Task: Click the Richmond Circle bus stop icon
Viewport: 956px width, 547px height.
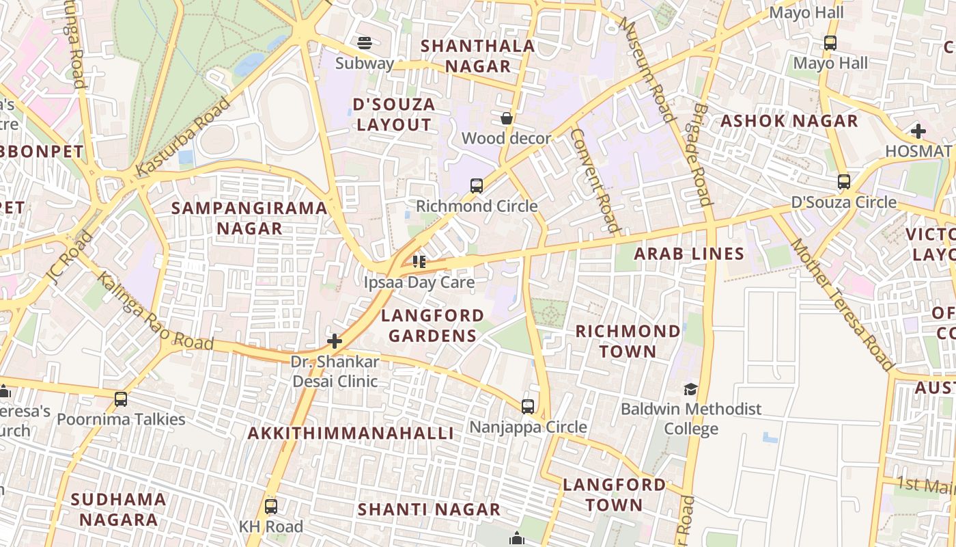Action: [477, 185]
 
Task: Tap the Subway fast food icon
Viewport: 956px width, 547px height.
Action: [365, 43]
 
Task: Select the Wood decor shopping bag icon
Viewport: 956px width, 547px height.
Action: [507, 118]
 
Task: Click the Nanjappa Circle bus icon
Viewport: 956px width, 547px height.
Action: [528, 407]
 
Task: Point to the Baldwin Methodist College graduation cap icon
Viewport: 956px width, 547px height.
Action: [691, 389]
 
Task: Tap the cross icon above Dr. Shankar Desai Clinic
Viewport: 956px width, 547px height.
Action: [335, 341]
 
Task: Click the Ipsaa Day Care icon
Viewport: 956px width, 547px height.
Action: [419, 261]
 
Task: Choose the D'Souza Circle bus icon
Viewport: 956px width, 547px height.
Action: [844, 182]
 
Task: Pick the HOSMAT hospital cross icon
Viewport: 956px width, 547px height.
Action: [918, 131]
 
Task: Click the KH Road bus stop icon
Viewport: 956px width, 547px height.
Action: [271, 507]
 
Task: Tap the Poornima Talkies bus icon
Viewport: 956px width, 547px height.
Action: [121, 399]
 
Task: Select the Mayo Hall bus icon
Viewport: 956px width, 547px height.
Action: [830, 42]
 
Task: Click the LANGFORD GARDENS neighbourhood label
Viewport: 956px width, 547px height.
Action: [432, 325]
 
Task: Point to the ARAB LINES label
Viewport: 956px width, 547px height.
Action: [689, 254]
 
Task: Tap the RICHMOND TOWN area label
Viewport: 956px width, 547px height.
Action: [628, 341]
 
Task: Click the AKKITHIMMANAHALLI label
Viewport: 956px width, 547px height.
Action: [350, 433]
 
